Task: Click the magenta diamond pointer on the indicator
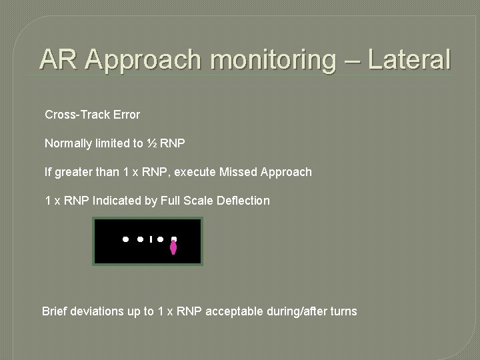(173, 247)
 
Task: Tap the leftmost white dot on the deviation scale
(125, 239)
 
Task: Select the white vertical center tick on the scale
(151, 239)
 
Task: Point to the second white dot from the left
(141, 239)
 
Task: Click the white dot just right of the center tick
(161, 239)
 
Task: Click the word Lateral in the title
(409, 59)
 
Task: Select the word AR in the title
(59, 59)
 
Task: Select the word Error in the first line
(126, 115)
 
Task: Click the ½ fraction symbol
(151, 143)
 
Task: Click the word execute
(194, 172)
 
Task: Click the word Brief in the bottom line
(55, 311)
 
